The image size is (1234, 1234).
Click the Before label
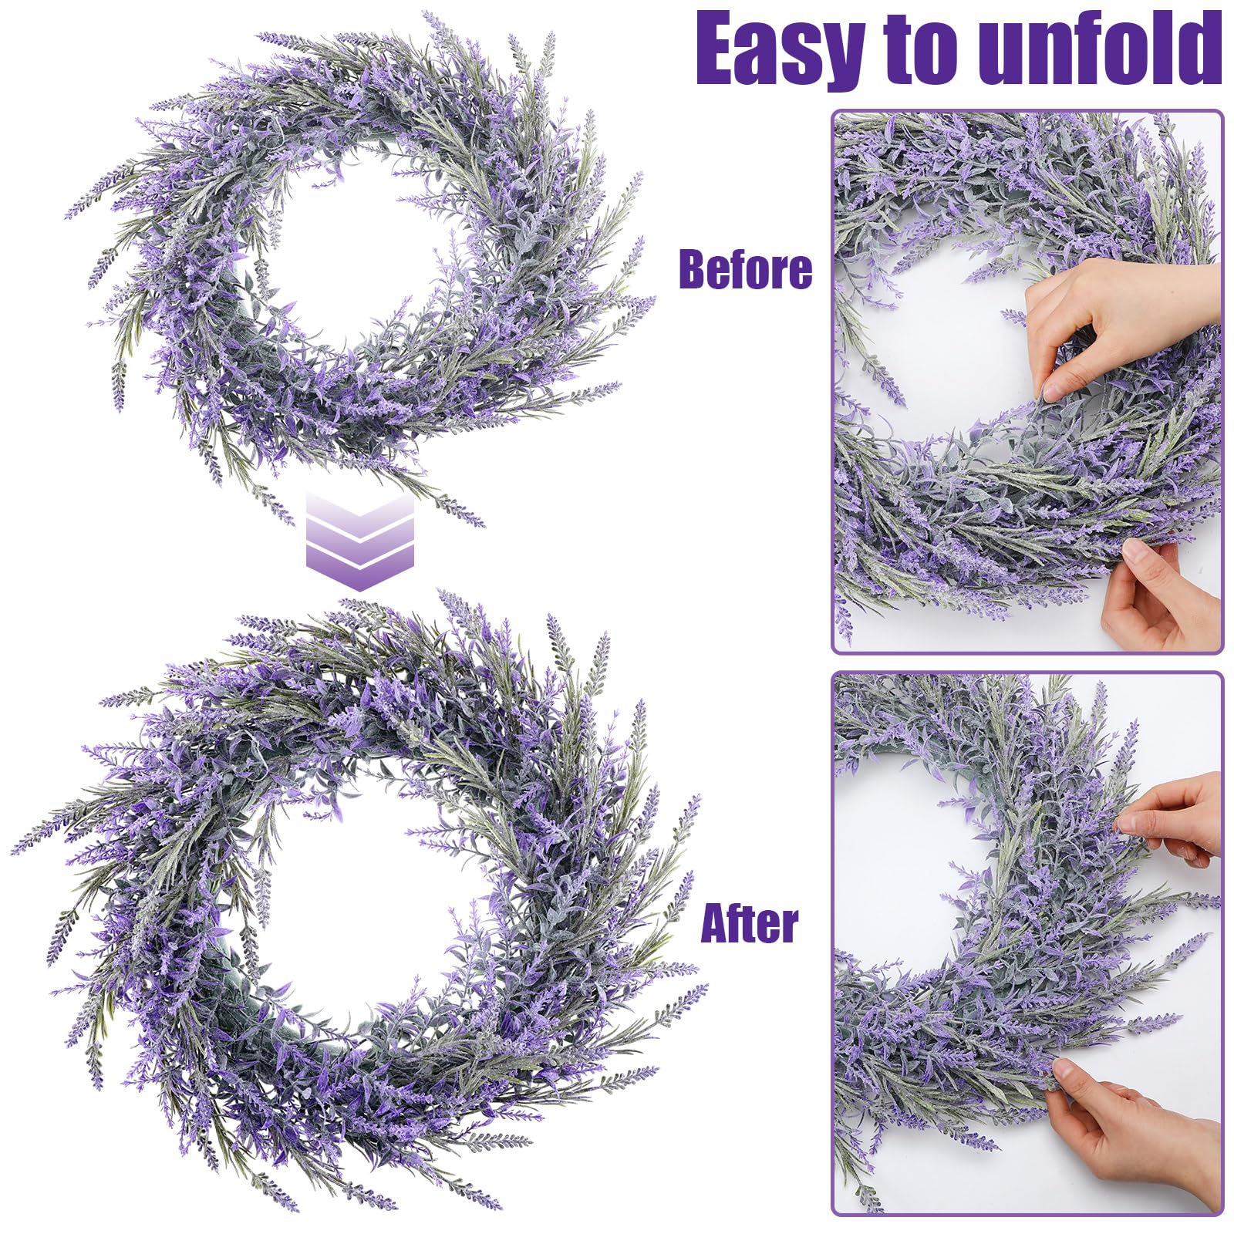point(745,269)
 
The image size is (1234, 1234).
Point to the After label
point(749,923)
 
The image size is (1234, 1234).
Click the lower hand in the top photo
point(1157,594)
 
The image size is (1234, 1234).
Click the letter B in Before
point(691,269)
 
